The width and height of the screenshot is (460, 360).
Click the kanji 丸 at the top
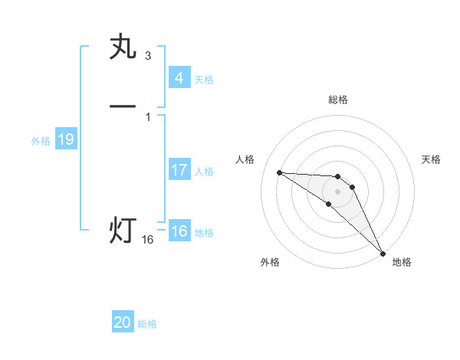[123, 47]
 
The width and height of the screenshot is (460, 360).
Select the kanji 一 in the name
[123, 106]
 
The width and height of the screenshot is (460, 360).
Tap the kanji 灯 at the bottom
[123, 230]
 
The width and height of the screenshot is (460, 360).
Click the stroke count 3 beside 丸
[147, 55]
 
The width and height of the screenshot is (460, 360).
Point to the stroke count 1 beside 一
[147, 116]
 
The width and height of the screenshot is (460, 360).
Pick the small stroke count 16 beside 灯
[147, 240]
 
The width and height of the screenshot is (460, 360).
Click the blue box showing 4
[179, 77]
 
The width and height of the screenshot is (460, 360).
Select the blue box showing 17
[179, 170]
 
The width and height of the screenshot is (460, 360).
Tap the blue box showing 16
[179, 231]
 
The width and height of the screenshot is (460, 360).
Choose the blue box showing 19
[65, 139]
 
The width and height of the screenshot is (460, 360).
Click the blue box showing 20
[123, 322]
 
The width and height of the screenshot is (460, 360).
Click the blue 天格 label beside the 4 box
[204, 79]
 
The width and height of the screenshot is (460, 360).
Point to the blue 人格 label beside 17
[204, 172]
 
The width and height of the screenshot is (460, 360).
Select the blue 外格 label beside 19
[41, 141]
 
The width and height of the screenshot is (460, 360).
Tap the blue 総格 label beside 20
[147, 324]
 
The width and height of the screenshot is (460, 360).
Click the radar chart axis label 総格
[337, 100]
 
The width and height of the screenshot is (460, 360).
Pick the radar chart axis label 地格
[402, 262]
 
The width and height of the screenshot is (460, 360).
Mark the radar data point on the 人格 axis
[280, 172]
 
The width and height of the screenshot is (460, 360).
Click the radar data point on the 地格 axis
[383, 252]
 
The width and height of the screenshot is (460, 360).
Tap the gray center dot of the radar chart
[337, 191]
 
